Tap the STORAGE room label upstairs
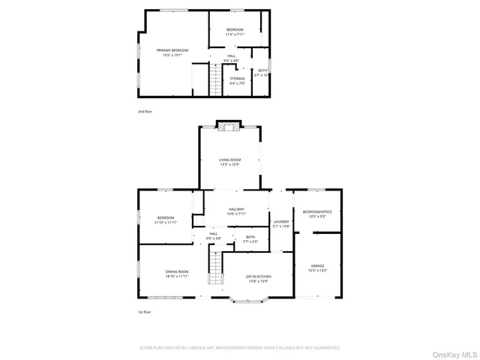(x=237, y=78)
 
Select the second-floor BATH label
(x=262, y=70)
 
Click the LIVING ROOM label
(x=229, y=160)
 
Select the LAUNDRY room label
(x=281, y=221)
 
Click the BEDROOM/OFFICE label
(x=316, y=212)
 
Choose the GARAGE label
(x=317, y=265)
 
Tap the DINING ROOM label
(x=177, y=271)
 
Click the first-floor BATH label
(x=250, y=237)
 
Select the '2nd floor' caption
(x=145, y=111)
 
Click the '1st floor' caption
(x=145, y=312)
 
